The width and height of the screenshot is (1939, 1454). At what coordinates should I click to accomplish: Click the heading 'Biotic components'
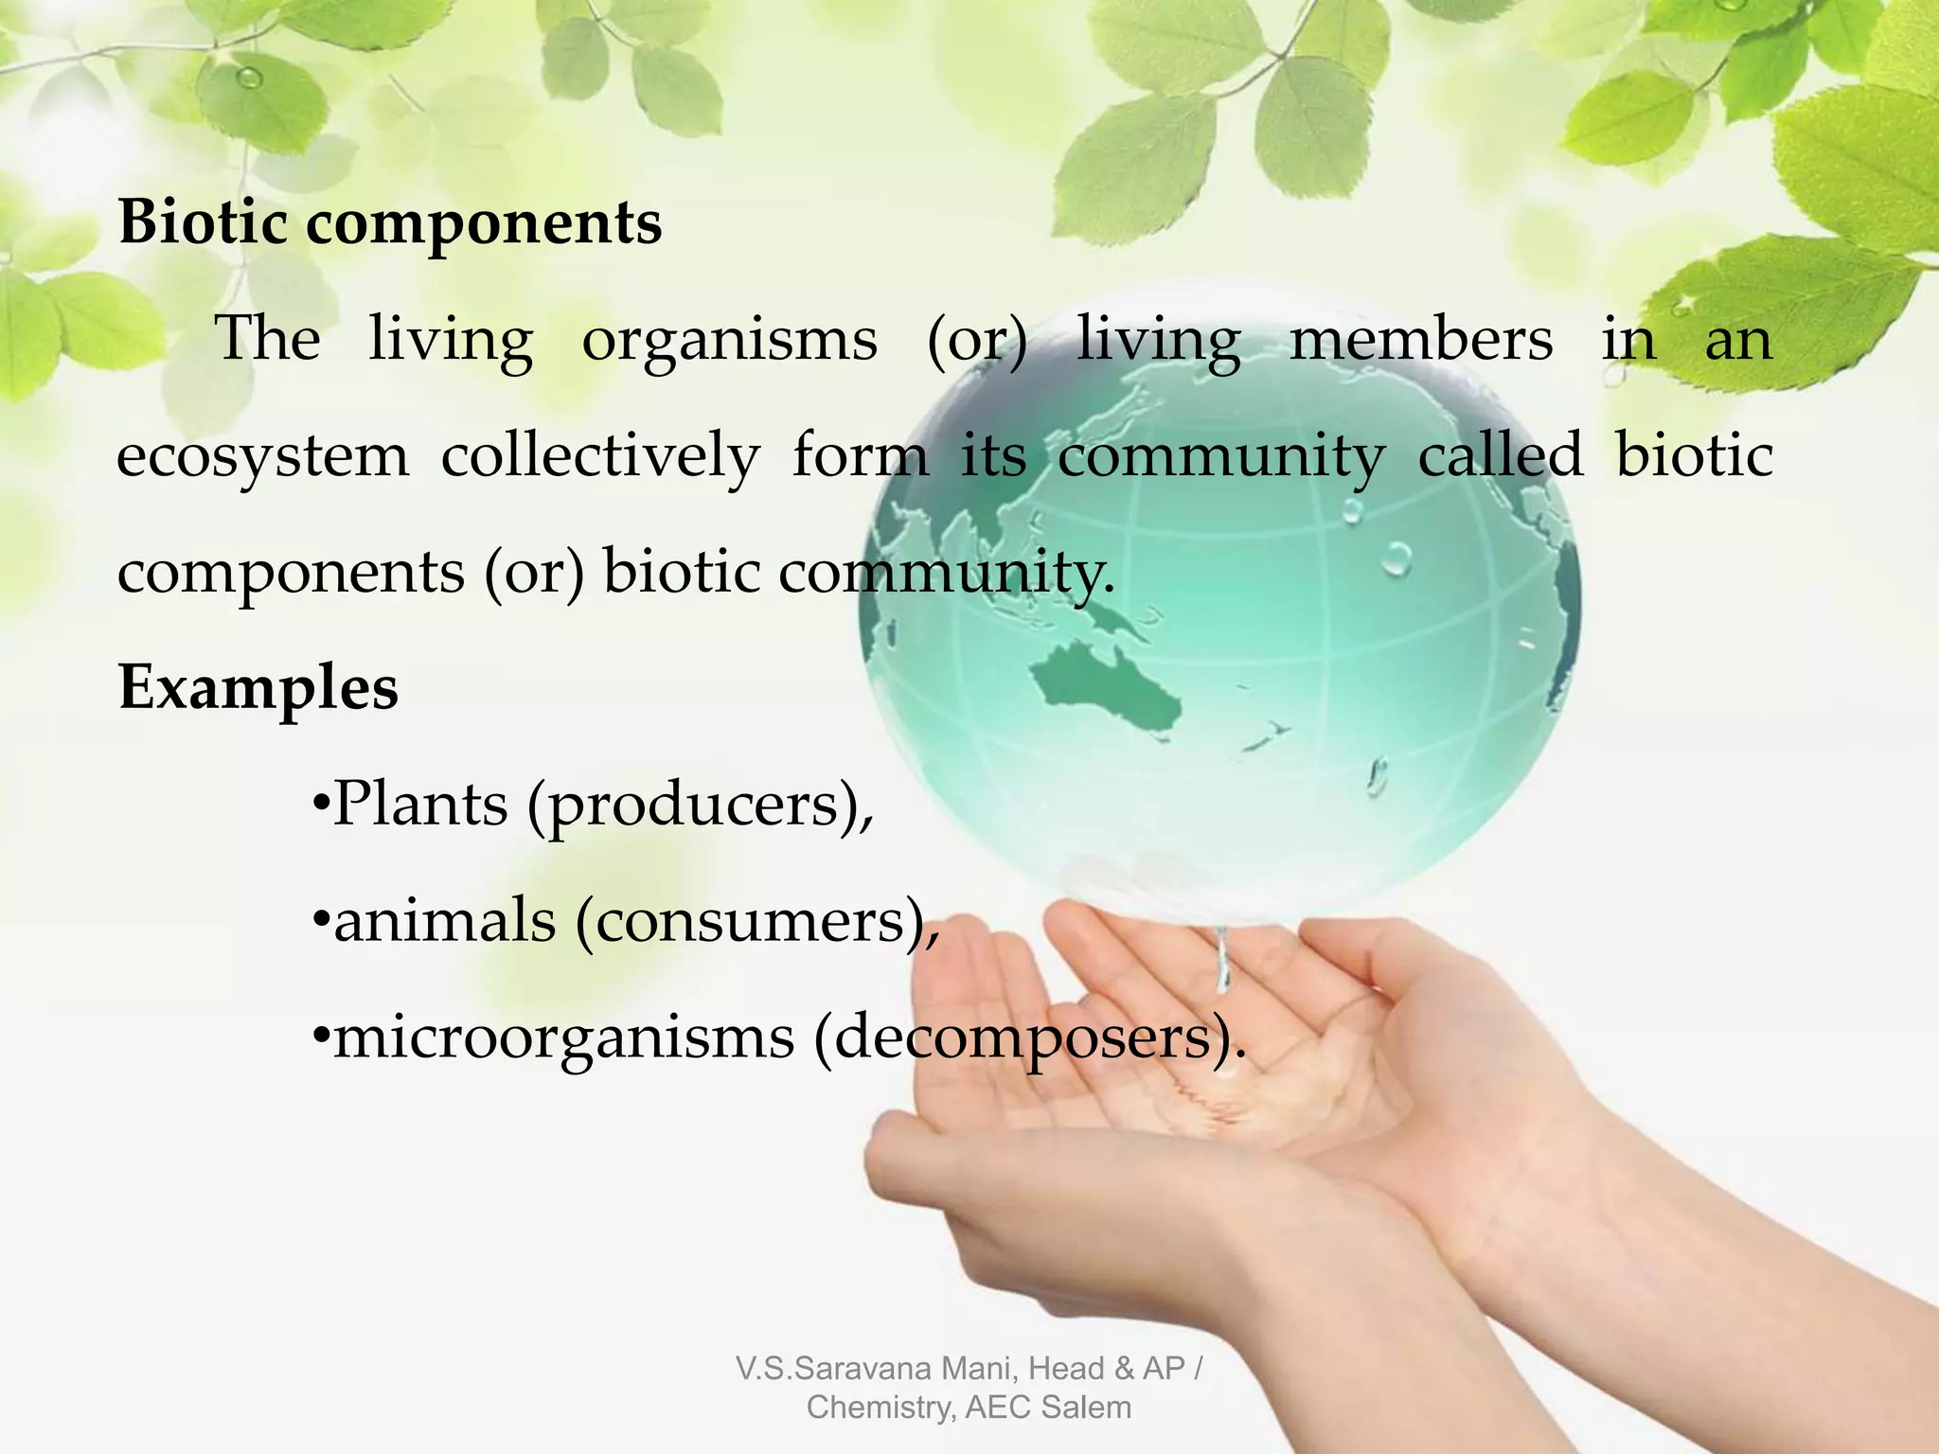click(389, 223)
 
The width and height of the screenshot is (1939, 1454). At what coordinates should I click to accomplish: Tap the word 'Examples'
click(258, 687)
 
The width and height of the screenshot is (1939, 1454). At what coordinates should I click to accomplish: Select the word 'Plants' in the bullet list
click(420, 805)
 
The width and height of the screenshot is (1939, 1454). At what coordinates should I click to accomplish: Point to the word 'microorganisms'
click(564, 1037)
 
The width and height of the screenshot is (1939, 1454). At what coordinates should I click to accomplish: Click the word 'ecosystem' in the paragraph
click(263, 456)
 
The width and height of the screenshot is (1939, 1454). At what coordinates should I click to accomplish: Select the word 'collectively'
click(600, 455)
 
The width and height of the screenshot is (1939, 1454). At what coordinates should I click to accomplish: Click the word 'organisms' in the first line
click(729, 340)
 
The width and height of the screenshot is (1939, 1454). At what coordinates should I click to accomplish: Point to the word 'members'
click(1421, 339)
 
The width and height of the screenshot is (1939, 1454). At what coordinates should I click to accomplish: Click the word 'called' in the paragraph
click(1500, 454)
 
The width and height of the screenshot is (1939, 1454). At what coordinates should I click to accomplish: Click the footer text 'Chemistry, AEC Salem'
click(969, 1408)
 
